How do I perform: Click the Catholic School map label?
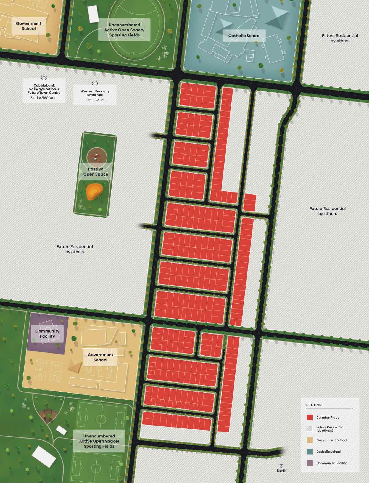(x=244, y=36)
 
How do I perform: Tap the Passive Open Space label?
(x=96, y=171)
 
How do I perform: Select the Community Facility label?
(x=47, y=333)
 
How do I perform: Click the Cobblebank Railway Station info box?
(x=44, y=91)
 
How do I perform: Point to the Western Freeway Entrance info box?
(x=95, y=95)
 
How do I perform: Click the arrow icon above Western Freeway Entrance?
(x=95, y=83)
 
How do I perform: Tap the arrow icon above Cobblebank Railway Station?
(x=44, y=77)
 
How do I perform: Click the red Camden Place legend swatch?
(x=310, y=417)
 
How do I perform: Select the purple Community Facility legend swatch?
(x=310, y=463)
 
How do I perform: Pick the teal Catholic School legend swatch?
(x=310, y=452)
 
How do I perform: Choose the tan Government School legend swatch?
(x=310, y=440)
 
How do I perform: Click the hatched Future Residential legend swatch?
(x=310, y=429)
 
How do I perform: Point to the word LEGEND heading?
(x=314, y=405)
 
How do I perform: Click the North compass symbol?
(x=281, y=466)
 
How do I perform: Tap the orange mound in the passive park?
(x=94, y=192)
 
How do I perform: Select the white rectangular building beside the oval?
(x=93, y=14)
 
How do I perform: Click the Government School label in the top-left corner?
(x=29, y=26)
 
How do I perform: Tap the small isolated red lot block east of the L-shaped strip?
(x=250, y=203)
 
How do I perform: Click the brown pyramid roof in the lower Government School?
(x=75, y=365)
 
